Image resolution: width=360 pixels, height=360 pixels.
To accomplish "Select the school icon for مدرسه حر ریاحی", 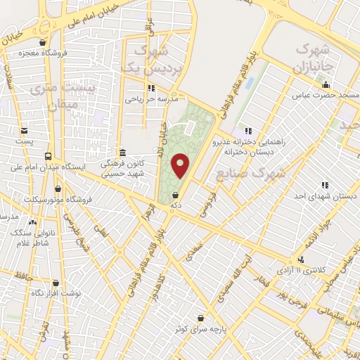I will [150, 89].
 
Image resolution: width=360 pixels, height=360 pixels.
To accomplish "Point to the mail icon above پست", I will [25, 131].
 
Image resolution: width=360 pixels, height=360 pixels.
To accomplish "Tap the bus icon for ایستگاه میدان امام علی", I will [48, 157].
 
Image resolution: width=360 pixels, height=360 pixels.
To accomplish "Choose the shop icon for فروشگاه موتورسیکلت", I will [58, 189].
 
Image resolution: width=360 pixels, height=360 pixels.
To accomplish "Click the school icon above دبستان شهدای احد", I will [324, 185].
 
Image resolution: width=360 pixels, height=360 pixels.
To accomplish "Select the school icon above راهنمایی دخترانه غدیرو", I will [247, 130].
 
